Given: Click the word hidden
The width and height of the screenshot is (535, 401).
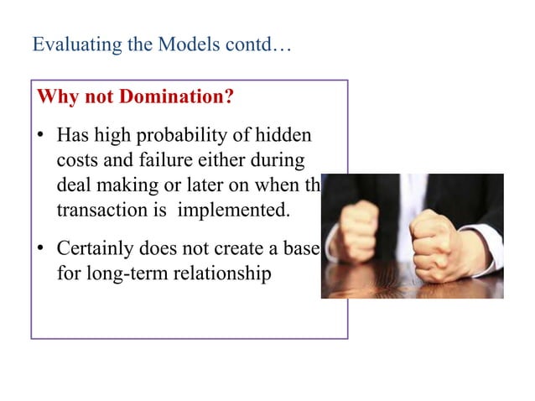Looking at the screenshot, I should coord(283,135).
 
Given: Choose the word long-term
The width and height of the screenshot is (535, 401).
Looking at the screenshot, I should coord(123,273).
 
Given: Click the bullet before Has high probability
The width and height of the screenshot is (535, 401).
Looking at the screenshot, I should coord(41,136).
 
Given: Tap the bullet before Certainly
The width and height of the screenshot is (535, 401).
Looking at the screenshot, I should coord(41,249).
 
